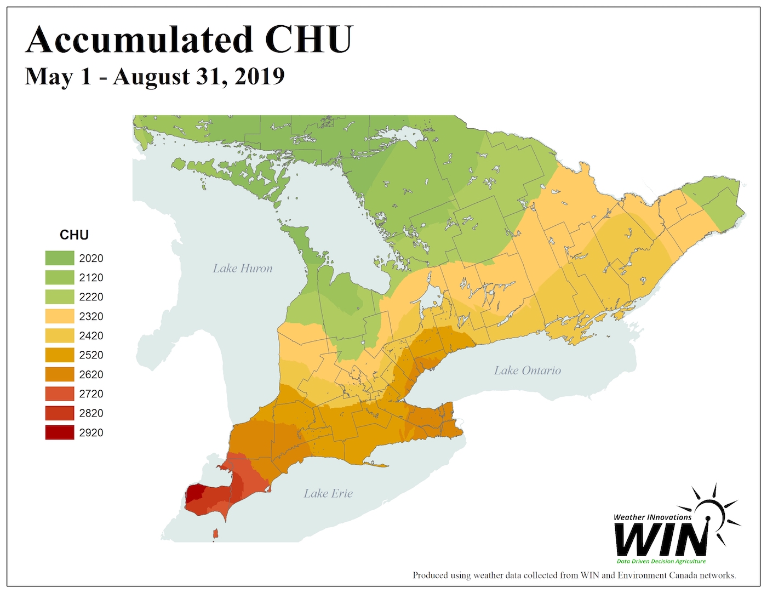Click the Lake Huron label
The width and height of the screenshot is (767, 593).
(242, 269)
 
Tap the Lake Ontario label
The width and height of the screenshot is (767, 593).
(527, 370)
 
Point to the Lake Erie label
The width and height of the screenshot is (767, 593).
(328, 493)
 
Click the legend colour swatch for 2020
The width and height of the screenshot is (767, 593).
(60, 258)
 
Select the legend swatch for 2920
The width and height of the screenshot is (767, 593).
(60, 432)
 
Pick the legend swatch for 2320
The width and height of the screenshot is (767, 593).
(60, 316)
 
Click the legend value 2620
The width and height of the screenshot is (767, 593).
(91, 374)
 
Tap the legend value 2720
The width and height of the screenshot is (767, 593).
(91, 394)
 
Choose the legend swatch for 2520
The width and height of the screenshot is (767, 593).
(60, 355)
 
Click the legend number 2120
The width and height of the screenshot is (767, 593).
(91, 277)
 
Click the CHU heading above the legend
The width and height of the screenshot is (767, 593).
(74, 235)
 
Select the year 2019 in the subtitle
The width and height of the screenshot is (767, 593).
(260, 76)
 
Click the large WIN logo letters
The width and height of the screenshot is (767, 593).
(662, 539)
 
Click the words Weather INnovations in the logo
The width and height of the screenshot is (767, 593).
(652, 517)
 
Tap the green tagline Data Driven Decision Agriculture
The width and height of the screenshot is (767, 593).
(661, 561)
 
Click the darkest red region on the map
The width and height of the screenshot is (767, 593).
(194, 493)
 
